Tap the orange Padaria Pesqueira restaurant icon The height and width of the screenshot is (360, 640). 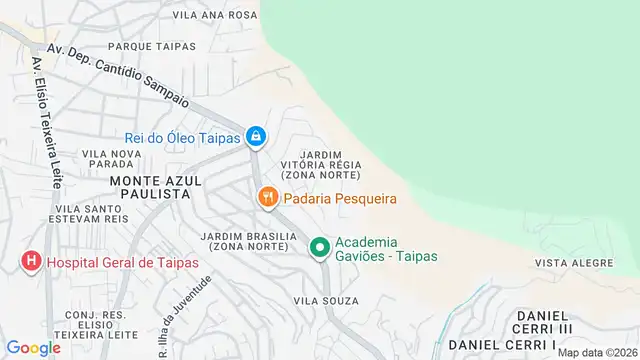coord(267,198)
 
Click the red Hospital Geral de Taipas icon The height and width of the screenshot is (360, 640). coord(31,262)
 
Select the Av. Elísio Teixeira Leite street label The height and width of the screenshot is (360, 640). coord(43,123)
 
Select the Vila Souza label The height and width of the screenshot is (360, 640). coord(320,299)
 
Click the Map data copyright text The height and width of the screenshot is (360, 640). coord(596,352)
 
